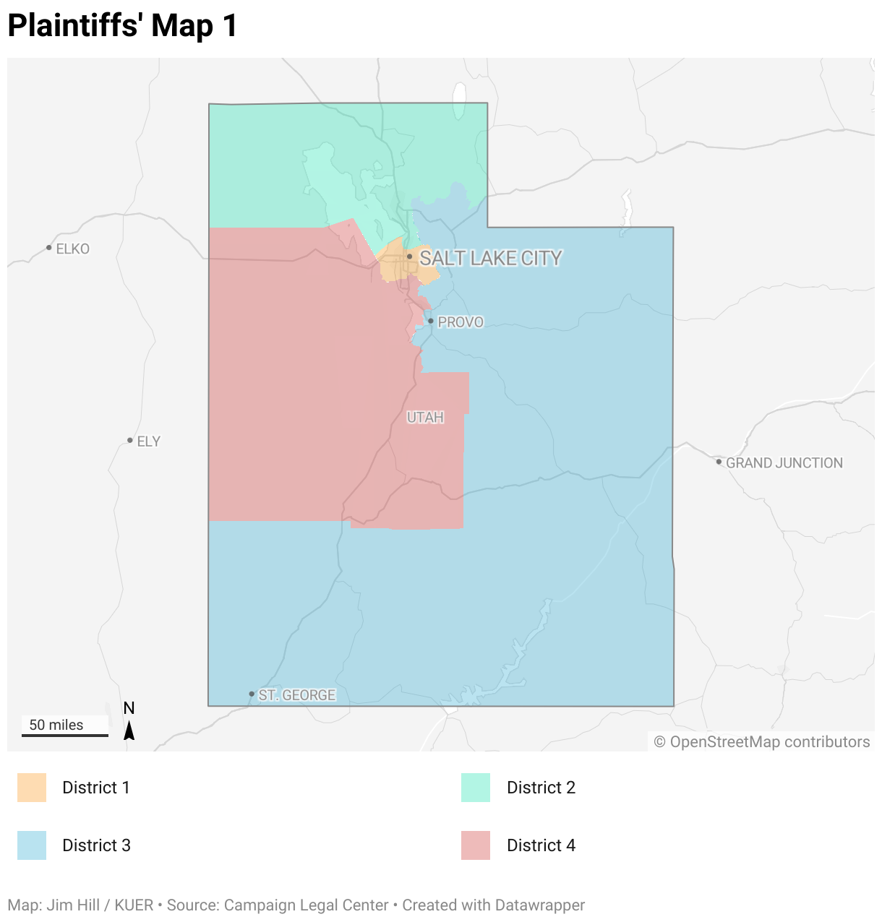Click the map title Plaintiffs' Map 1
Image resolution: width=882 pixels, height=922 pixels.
pyautogui.click(x=122, y=25)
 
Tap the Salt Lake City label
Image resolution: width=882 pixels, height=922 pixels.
pyautogui.click(x=490, y=258)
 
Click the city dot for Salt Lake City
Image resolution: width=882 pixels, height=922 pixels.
pyautogui.click(x=409, y=257)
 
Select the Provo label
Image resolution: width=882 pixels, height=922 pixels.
pyautogui.click(x=460, y=322)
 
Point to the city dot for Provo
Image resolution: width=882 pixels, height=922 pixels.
pyautogui.click(x=430, y=321)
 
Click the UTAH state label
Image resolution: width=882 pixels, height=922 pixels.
pyautogui.click(x=425, y=418)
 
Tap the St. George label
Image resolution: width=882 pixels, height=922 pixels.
pyautogui.click(x=296, y=695)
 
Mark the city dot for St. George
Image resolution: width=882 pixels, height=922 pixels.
pyautogui.click(x=252, y=694)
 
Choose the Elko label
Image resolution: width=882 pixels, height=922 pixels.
pyautogui.click(x=72, y=249)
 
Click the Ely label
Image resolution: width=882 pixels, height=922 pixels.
pyautogui.click(x=148, y=441)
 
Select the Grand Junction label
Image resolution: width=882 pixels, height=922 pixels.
pyautogui.click(x=784, y=463)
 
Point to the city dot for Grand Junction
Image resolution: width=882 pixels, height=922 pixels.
pyautogui.click(x=719, y=462)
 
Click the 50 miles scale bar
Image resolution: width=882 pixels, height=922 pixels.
pyautogui.click(x=64, y=734)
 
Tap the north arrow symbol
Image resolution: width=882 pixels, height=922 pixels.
pyautogui.click(x=129, y=730)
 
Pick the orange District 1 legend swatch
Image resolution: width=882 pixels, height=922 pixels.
pyautogui.click(x=32, y=788)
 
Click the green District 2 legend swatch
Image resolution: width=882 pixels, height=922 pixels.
pyautogui.click(x=476, y=788)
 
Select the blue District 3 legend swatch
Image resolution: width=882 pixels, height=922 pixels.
pyautogui.click(x=32, y=845)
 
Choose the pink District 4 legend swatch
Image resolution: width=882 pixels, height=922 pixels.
pyautogui.click(x=476, y=845)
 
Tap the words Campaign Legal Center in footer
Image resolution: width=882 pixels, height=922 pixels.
pyautogui.click(x=306, y=905)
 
